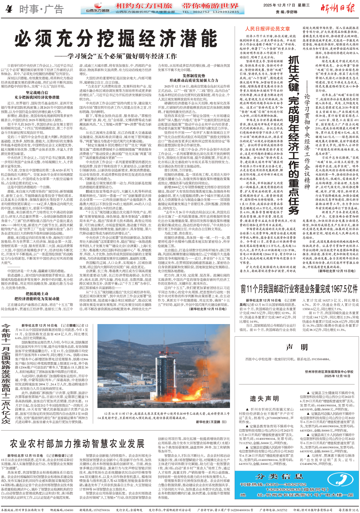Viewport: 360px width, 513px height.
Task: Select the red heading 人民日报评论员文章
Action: tap(267, 29)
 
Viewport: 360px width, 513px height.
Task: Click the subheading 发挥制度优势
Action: tap(194, 76)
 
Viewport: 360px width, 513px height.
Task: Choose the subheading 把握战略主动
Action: tap(37, 294)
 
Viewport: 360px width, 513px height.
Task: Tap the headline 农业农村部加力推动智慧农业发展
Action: tap(77, 443)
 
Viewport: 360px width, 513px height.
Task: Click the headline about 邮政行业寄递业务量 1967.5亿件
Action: tap(299, 289)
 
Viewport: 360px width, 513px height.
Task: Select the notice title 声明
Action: tap(297, 347)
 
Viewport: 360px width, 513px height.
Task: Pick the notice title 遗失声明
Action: tap(264, 399)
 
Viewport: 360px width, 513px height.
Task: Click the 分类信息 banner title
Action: tap(279, 476)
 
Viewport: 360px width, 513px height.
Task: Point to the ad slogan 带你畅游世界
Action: tap(210, 6)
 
